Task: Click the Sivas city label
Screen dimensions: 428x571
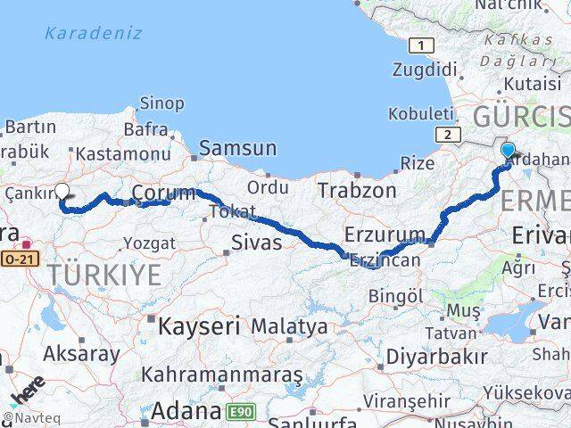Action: point(256,243)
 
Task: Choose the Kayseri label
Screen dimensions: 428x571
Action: point(199,326)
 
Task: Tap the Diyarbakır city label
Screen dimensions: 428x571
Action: point(436,357)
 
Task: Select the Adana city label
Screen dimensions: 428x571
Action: point(186,411)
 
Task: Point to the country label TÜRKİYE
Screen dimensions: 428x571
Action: point(105,275)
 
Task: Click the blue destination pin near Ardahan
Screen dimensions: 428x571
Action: point(509,151)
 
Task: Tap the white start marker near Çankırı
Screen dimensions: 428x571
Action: point(62,190)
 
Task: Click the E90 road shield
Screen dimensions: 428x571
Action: point(238,411)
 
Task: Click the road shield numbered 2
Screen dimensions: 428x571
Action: point(443,134)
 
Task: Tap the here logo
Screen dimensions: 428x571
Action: point(27,393)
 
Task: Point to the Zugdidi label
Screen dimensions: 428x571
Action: point(425,69)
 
